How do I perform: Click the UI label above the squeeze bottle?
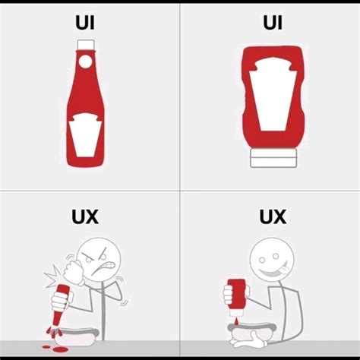272,23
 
